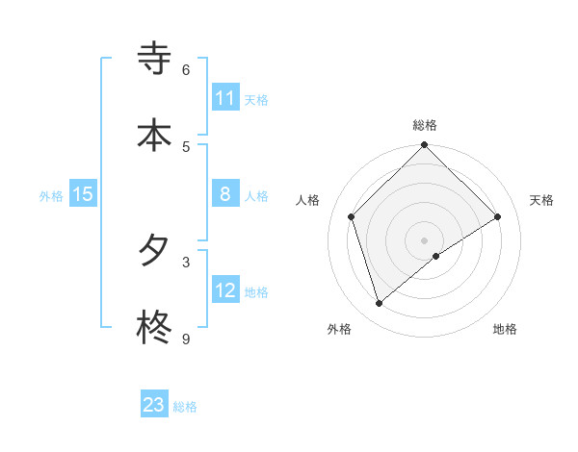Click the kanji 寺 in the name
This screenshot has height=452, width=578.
[x=154, y=60]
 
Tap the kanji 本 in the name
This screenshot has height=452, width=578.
[x=154, y=135]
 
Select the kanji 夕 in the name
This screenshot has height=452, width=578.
[x=154, y=252]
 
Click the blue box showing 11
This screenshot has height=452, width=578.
[x=225, y=98]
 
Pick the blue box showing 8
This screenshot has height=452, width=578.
[x=225, y=194]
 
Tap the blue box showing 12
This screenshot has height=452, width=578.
[x=225, y=290]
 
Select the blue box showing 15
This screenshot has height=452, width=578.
[x=83, y=194]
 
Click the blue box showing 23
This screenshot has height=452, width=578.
[x=154, y=405]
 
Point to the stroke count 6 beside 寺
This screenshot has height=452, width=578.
[x=186, y=70]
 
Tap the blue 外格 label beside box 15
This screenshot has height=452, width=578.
[x=51, y=195]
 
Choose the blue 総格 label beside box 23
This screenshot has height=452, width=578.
[x=185, y=407]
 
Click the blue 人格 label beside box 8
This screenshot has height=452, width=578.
[x=256, y=196]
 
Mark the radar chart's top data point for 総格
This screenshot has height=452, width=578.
[x=424, y=146]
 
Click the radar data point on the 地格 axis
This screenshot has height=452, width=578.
[x=436, y=256]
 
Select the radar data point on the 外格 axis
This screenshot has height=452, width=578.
[x=379, y=304]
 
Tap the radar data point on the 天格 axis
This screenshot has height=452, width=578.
[x=498, y=217]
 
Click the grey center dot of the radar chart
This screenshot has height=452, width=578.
[x=424, y=239]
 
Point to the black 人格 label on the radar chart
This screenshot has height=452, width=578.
[x=308, y=200]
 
